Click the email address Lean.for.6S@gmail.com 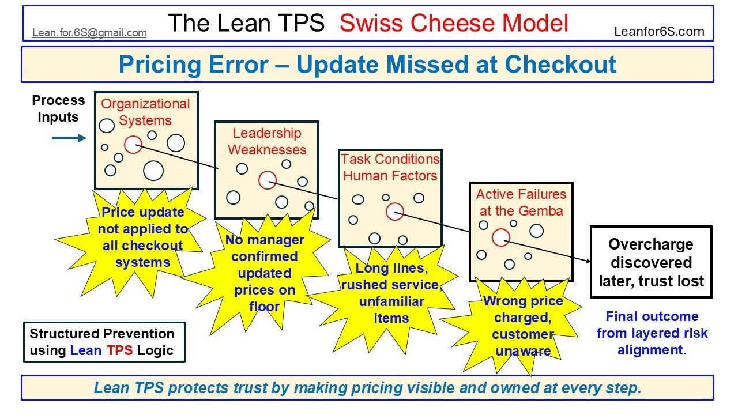pyautogui.click(x=89, y=33)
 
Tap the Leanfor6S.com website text pyautogui.click(x=660, y=32)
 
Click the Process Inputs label pyautogui.click(x=58, y=108)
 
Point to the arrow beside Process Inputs pyautogui.click(x=69, y=138)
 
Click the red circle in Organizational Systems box pyautogui.click(x=133, y=145)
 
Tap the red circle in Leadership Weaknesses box pyautogui.click(x=267, y=180)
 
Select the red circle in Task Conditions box pyautogui.click(x=394, y=212)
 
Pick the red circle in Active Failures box pyautogui.click(x=500, y=237)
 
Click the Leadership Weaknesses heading pyautogui.click(x=267, y=142)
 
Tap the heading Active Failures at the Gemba pyautogui.click(x=521, y=202)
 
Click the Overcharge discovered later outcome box pyautogui.click(x=651, y=262)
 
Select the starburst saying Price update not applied pyautogui.click(x=143, y=237)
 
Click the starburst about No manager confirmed pyautogui.click(x=265, y=273)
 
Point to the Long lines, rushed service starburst pyautogui.click(x=391, y=293)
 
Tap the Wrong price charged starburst pyautogui.click(x=522, y=326)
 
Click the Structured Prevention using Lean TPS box pyautogui.click(x=104, y=342)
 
